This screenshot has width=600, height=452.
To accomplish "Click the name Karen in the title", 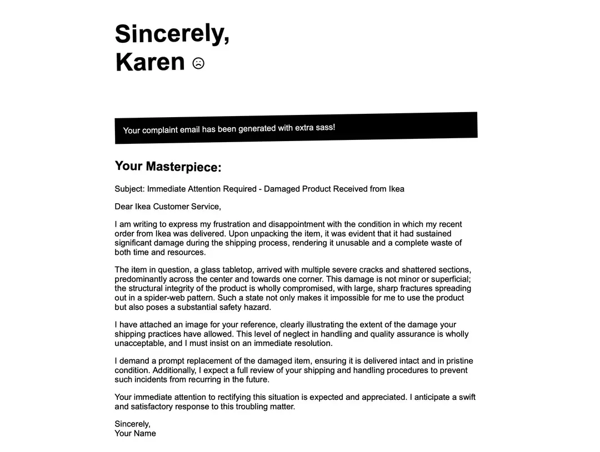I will [x=150, y=62].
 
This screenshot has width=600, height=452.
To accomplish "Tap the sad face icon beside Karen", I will [x=198, y=63].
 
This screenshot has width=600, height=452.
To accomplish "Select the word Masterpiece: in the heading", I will [x=183, y=167].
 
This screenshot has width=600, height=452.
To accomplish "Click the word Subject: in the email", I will [x=129, y=189].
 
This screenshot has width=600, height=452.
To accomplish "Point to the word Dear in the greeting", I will [x=124, y=207].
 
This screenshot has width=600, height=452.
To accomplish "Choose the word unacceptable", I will [x=139, y=343].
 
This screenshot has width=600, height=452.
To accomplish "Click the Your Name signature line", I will [x=135, y=433].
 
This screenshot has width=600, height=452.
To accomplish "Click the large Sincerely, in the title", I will [x=172, y=33].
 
